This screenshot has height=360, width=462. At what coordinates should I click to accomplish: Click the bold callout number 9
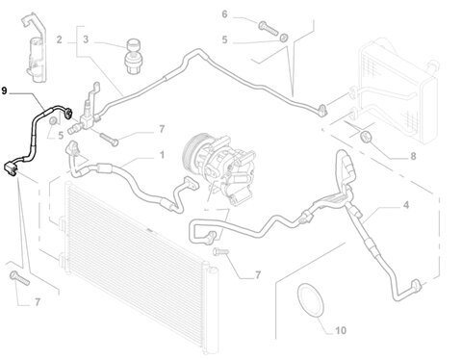(4, 90)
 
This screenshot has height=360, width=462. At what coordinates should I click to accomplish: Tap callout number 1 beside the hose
(162, 155)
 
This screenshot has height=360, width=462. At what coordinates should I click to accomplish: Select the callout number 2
(59, 39)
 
